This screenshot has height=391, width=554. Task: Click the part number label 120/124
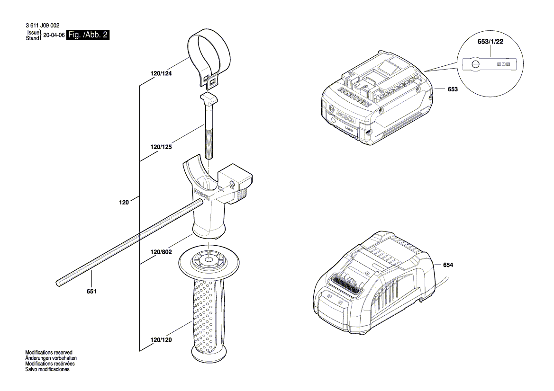click(160, 74)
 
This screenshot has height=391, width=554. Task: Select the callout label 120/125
click(160, 147)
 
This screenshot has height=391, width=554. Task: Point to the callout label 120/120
click(161, 340)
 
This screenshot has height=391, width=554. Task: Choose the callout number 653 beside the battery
click(453, 89)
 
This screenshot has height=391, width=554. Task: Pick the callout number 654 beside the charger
click(448, 265)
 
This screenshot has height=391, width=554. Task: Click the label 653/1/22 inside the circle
click(490, 42)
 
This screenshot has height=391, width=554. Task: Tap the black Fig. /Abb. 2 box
click(88, 35)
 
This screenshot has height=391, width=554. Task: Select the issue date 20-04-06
click(54, 36)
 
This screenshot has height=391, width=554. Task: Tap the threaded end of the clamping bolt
click(209, 144)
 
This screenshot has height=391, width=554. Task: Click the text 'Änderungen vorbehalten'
click(51, 358)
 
